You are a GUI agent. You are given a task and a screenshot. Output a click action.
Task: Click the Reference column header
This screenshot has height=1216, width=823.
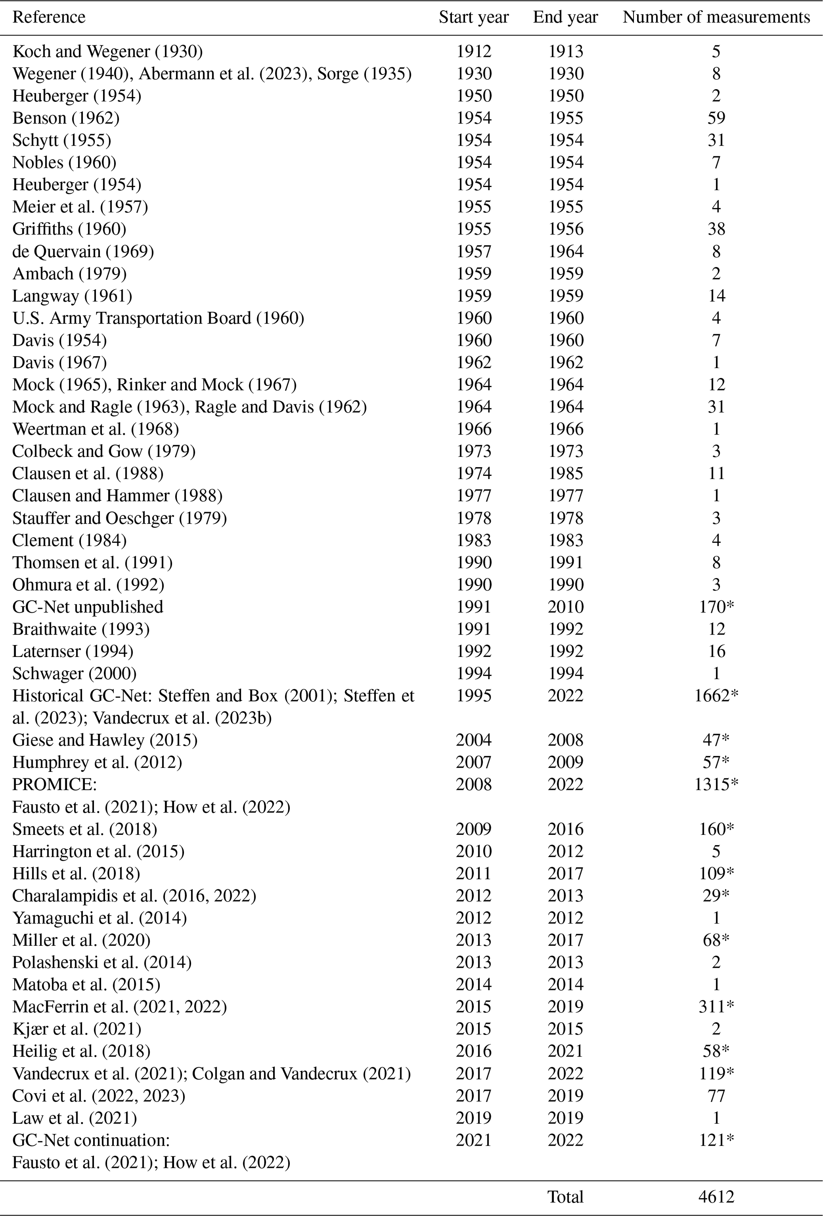(49, 17)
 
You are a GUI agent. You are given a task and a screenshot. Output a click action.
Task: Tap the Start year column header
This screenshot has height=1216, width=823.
(473, 17)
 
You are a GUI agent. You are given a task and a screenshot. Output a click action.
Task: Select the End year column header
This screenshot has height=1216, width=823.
(565, 17)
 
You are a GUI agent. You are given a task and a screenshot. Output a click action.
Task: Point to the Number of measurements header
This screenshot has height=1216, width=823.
(715, 17)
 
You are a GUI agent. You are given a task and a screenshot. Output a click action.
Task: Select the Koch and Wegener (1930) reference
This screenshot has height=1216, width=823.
(108, 51)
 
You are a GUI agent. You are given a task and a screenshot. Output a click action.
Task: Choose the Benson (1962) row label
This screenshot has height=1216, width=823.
(66, 118)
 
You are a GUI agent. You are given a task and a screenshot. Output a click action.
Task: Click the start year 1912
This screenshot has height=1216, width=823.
(473, 51)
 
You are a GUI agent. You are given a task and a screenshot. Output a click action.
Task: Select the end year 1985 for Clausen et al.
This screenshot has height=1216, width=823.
(565, 474)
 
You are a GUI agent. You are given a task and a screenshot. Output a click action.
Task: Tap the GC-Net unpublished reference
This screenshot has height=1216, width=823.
(88, 607)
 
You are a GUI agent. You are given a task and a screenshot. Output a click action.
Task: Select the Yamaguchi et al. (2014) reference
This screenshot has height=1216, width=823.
(100, 918)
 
